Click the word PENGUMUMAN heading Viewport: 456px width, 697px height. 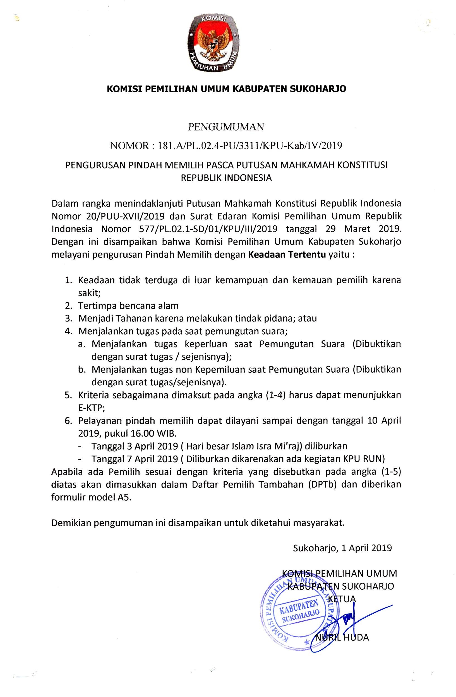pyautogui.click(x=226, y=127)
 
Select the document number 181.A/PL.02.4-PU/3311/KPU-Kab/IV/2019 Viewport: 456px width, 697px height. pyautogui.click(x=250, y=146)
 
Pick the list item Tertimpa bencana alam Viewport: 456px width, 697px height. pyautogui.click(x=128, y=306)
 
